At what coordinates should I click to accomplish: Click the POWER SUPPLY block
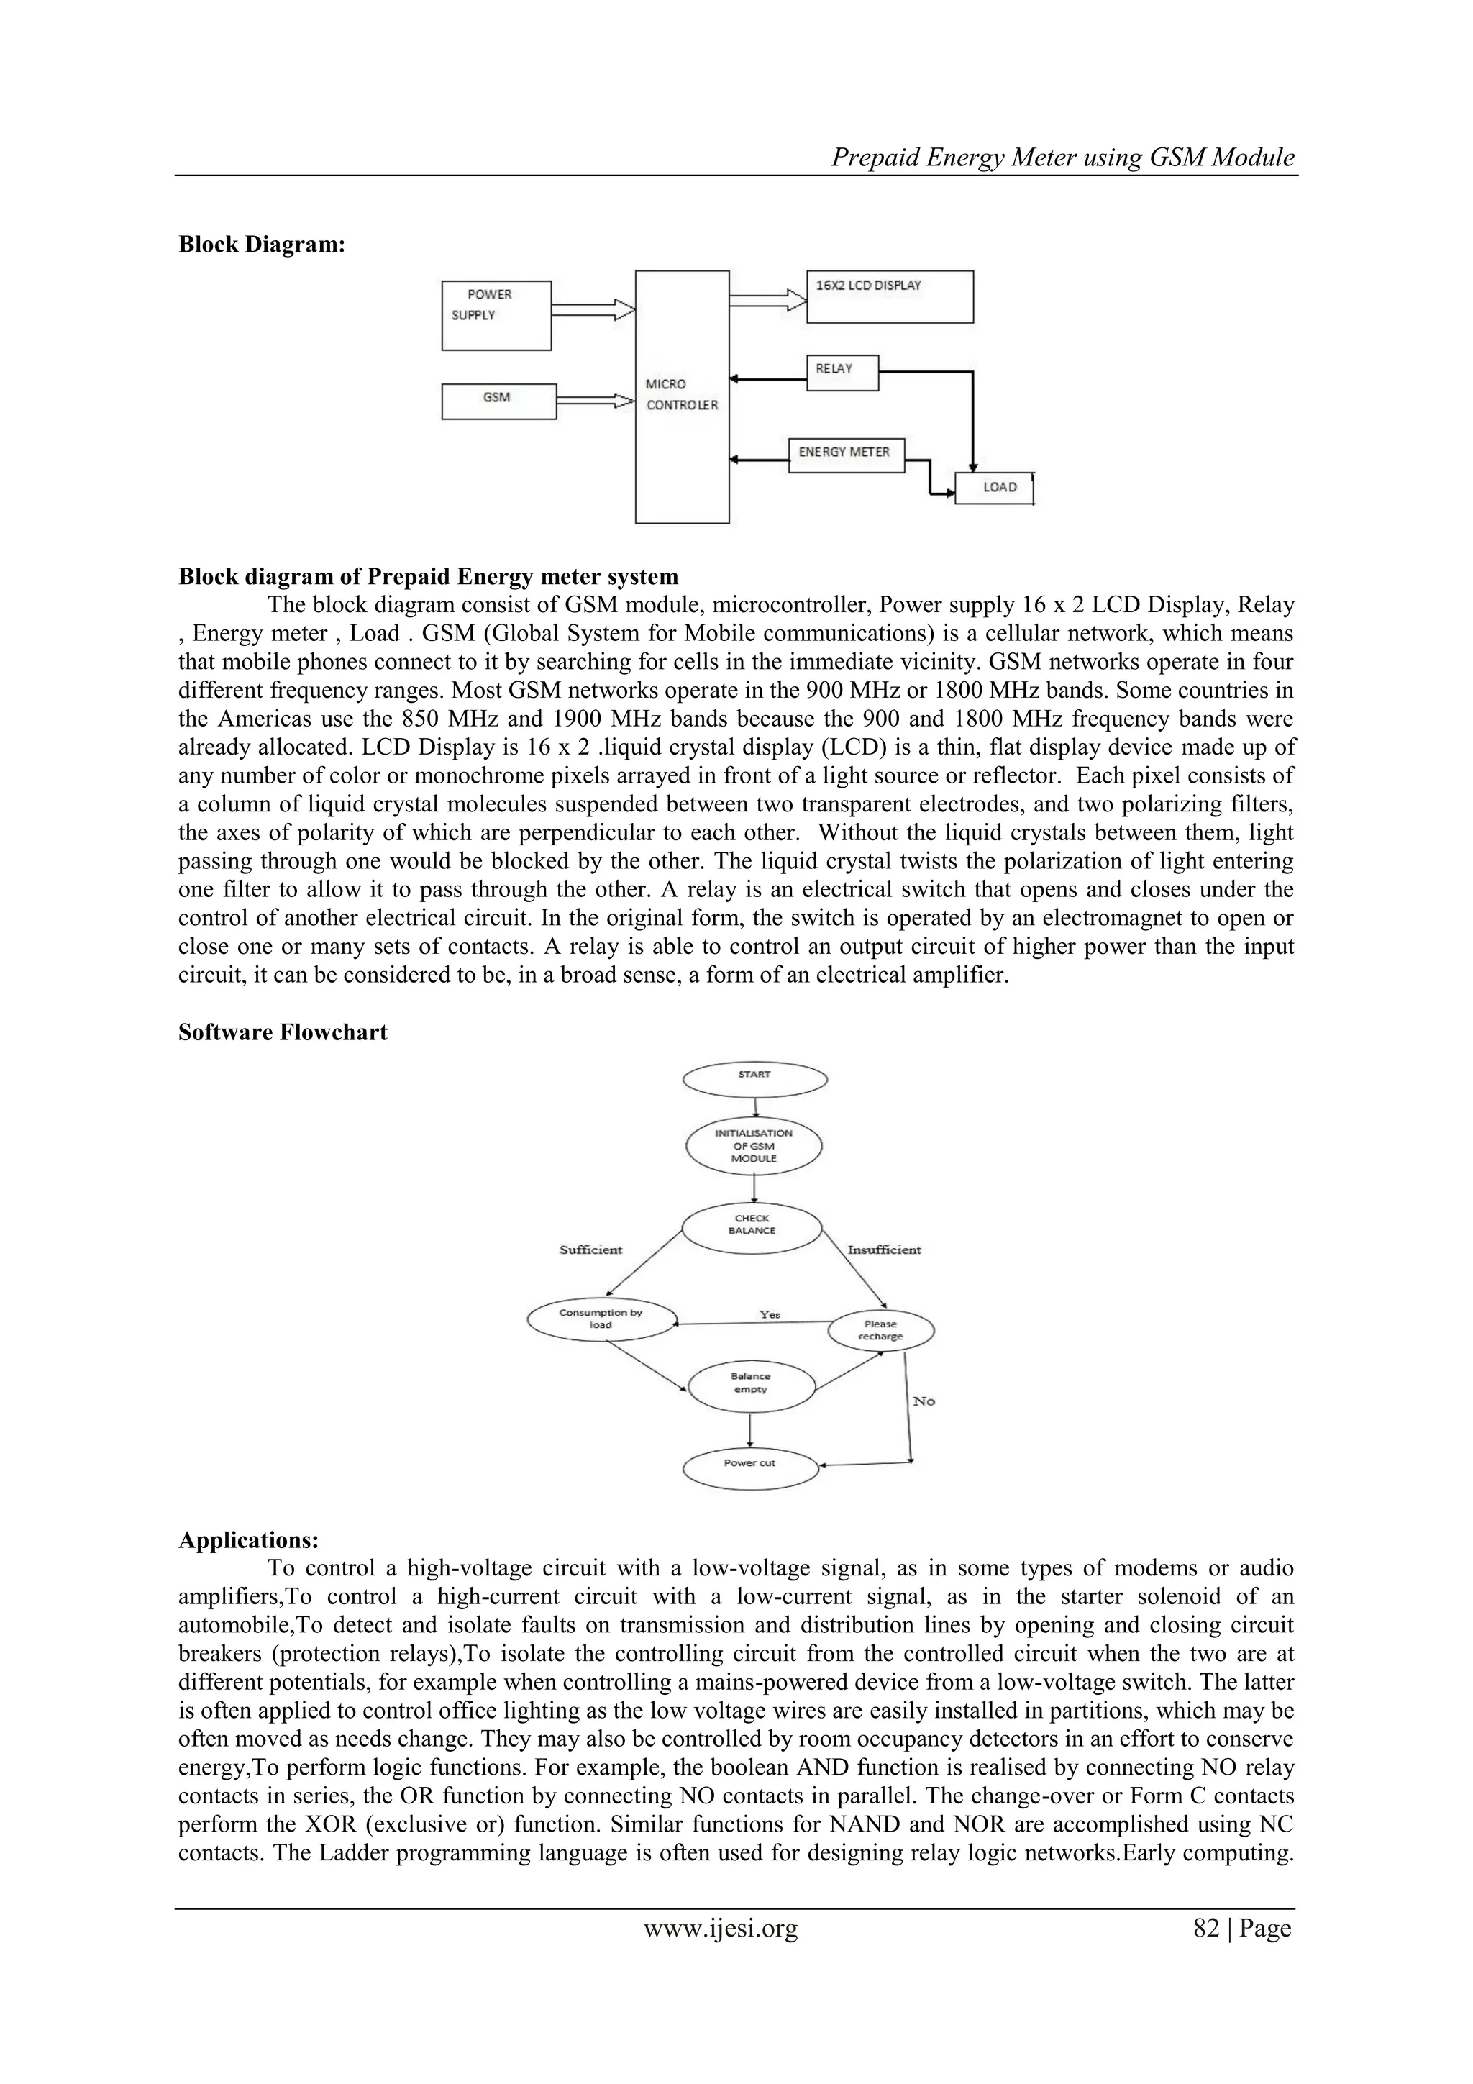point(496,315)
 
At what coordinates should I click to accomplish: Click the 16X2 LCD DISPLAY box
point(890,296)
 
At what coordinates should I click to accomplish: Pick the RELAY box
point(842,372)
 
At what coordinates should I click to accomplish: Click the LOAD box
point(994,488)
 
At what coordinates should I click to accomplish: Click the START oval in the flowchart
point(754,1079)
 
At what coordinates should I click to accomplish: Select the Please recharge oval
point(880,1331)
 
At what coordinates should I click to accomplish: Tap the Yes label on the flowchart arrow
point(770,1314)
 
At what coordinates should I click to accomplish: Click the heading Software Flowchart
point(282,1033)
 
